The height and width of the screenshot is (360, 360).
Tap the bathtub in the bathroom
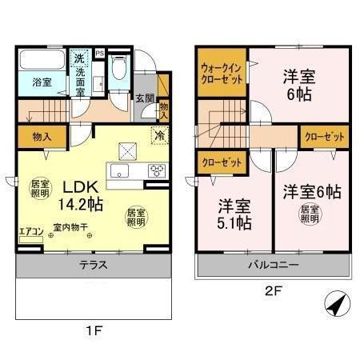[x=42, y=62]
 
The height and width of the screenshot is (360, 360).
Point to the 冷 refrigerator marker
[x=159, y=135]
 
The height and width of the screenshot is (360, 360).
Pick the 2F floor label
[x=271, y=294]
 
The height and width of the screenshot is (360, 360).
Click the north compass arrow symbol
[x=336, y=304]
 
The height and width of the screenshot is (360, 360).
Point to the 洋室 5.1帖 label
[x=232, y=212]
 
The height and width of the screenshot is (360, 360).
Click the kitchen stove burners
[x=156, y=170]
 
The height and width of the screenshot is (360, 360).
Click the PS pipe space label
[x=100, y=54]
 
